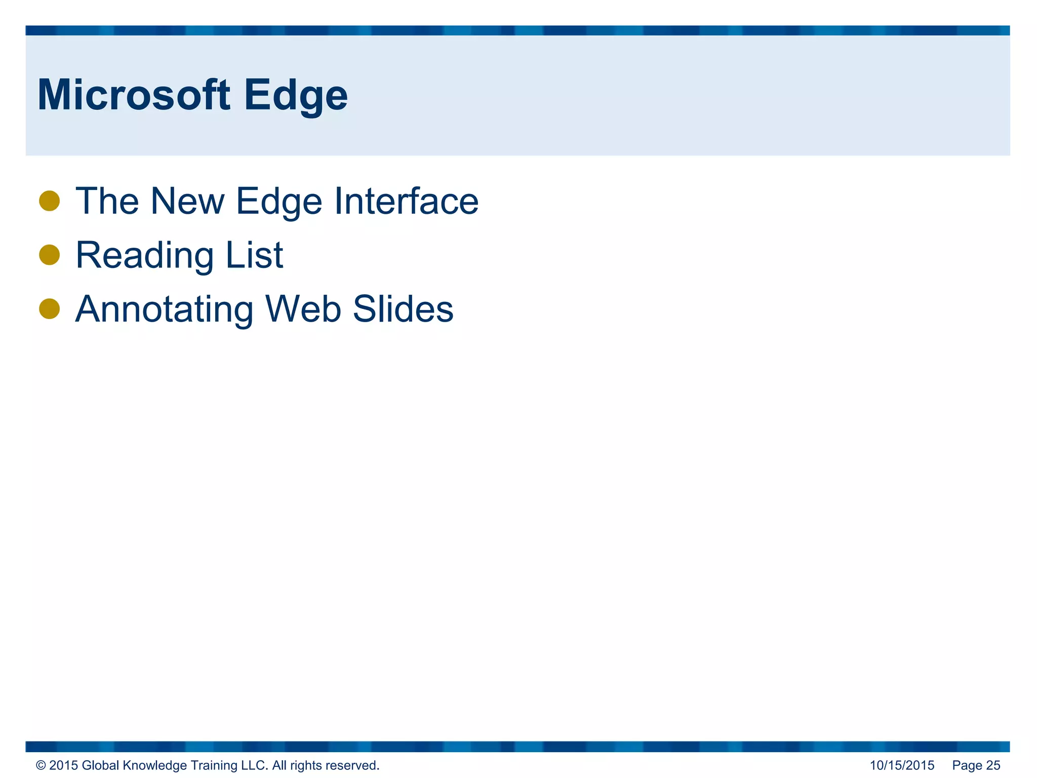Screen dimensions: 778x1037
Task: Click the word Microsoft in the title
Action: click(134, 95)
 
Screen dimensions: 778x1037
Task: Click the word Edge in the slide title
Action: click(296, 96)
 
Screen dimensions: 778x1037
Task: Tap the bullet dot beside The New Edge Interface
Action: click(50, 201)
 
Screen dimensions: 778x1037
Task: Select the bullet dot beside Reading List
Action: click(50, 255)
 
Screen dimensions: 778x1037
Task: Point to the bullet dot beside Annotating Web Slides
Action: click(50, 308)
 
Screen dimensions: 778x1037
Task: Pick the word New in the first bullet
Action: click(187, 201)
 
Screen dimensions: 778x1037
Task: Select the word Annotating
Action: click(164, 309)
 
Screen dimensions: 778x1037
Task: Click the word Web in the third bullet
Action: click(303, 309)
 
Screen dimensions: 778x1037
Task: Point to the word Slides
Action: click(403, 309)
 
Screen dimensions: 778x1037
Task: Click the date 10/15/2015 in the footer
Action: click(902, 765)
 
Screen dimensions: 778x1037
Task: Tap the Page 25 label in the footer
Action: click(976, 765)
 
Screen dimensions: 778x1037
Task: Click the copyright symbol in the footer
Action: click(41, 765)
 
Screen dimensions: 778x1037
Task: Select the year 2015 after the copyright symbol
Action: click(63, 765)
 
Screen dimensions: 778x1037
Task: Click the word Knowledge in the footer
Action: click(155, 765)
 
